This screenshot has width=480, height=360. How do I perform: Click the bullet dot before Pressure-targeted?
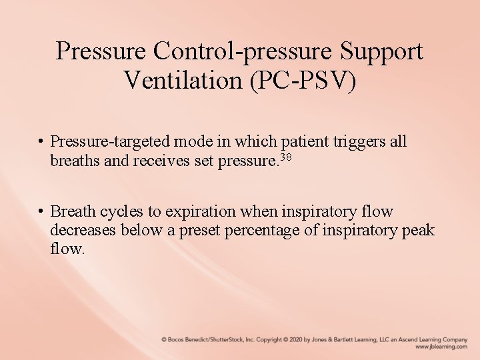(x=41, y=142)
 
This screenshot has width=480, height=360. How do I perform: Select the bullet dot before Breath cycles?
(x=41, y=212)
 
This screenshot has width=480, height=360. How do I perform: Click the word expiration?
(x=200, y=212)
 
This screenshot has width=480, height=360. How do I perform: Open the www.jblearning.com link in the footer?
(x=441, y=347)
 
